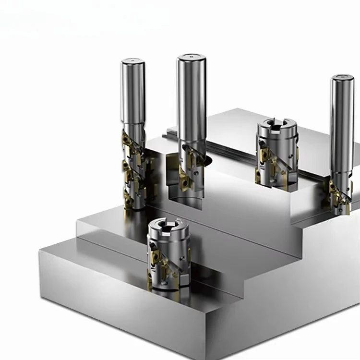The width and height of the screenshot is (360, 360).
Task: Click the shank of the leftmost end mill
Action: click(x=133, y=94)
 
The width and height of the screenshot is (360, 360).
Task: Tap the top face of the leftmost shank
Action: click(x=133, y=62)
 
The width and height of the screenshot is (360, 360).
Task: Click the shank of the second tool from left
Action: click(x=192, y=101)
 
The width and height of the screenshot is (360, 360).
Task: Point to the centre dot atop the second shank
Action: click(x=192, y=57)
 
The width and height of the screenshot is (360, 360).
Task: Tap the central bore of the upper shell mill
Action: click(x=276, y=126)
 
